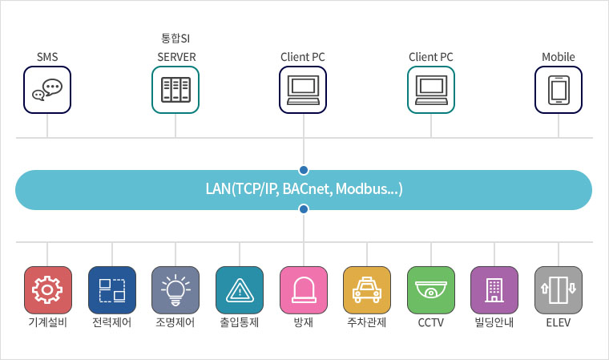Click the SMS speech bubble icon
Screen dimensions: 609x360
click(x=47, y=90)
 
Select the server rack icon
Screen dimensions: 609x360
click(x=175, y=90)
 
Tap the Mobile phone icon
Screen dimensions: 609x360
click(x=559, y=90)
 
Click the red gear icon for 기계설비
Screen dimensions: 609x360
click(x=48, y=290)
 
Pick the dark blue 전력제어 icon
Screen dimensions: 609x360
click(x=112, y=290)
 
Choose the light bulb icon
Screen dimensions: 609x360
click(x=175, y=290)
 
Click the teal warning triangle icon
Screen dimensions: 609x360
click(x=240, y=290)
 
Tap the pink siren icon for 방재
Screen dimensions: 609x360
click(x=304, y=290)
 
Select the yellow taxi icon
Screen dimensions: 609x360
click(x=367, y=290)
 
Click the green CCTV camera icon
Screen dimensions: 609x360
click(x=431, y=290)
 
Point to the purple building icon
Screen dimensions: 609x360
click(x=494, y=290)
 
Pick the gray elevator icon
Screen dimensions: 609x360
click(x=559, y=290)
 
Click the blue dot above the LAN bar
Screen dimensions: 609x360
click(x=304, y=170)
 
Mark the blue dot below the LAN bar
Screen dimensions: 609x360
click(x=304, y=209)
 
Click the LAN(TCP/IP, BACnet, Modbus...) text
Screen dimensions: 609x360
click(x=304, y=189)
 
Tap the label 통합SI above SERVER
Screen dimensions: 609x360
click(x=175, y=38)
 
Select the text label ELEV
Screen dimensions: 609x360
click(x=559, y=322)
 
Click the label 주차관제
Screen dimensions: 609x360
click(x=367, y=322)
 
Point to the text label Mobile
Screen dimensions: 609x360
click(x=559, y=57)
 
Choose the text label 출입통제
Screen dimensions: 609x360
click(x=240, y=322)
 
